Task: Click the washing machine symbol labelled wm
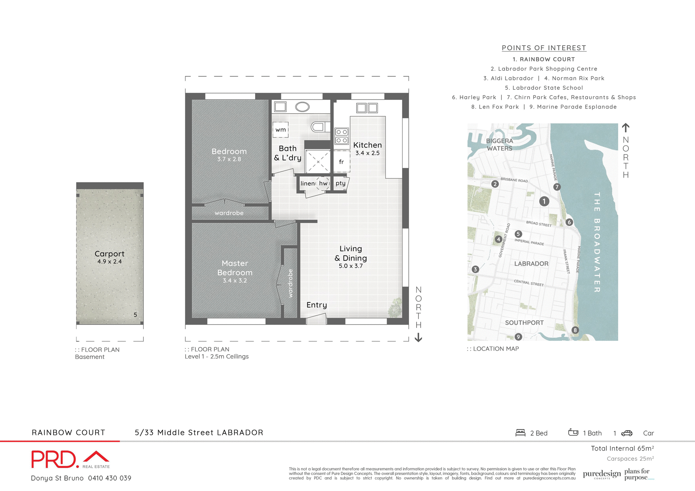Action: pyautogui.click(x=281, y=130)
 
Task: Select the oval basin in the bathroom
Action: pyautogui.click(x=302, y=107)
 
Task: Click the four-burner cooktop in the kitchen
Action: pyautogui.click(x=342, y=136)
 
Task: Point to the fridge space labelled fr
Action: pyautogui.click(x=341, y=162)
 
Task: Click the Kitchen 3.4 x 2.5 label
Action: pyautogui.click(x=367, y=148)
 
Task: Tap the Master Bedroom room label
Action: pyautogui.click(x=235, y=268)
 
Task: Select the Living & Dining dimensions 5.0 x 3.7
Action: pyautogui.click(x=351, y=266)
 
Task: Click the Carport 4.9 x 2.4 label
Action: pyautogui.click(x=109, y=257)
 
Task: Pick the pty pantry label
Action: pyautogui.click(x=340, y=183)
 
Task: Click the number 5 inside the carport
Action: pyautogui.click(x=135, y=315)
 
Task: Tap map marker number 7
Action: pyautogui.click(x=557, y=187)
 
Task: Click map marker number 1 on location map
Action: pyautogui.click(x=544, y=201)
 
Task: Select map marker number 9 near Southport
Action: pyautogui.click(x=518, y=337)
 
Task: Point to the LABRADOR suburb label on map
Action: pyautogui.click(x=531, y=264)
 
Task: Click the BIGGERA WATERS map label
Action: pyautogui.click(x=500, y=144)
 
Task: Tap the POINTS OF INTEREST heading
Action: pyautogui.click(x=544, y=48)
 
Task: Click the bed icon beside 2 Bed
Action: pyautogui.click(x=520, y=433)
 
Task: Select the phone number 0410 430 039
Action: pyautogui.click(x=110, y=478)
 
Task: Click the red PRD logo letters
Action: pyautogui.click(x=54, y=460)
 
